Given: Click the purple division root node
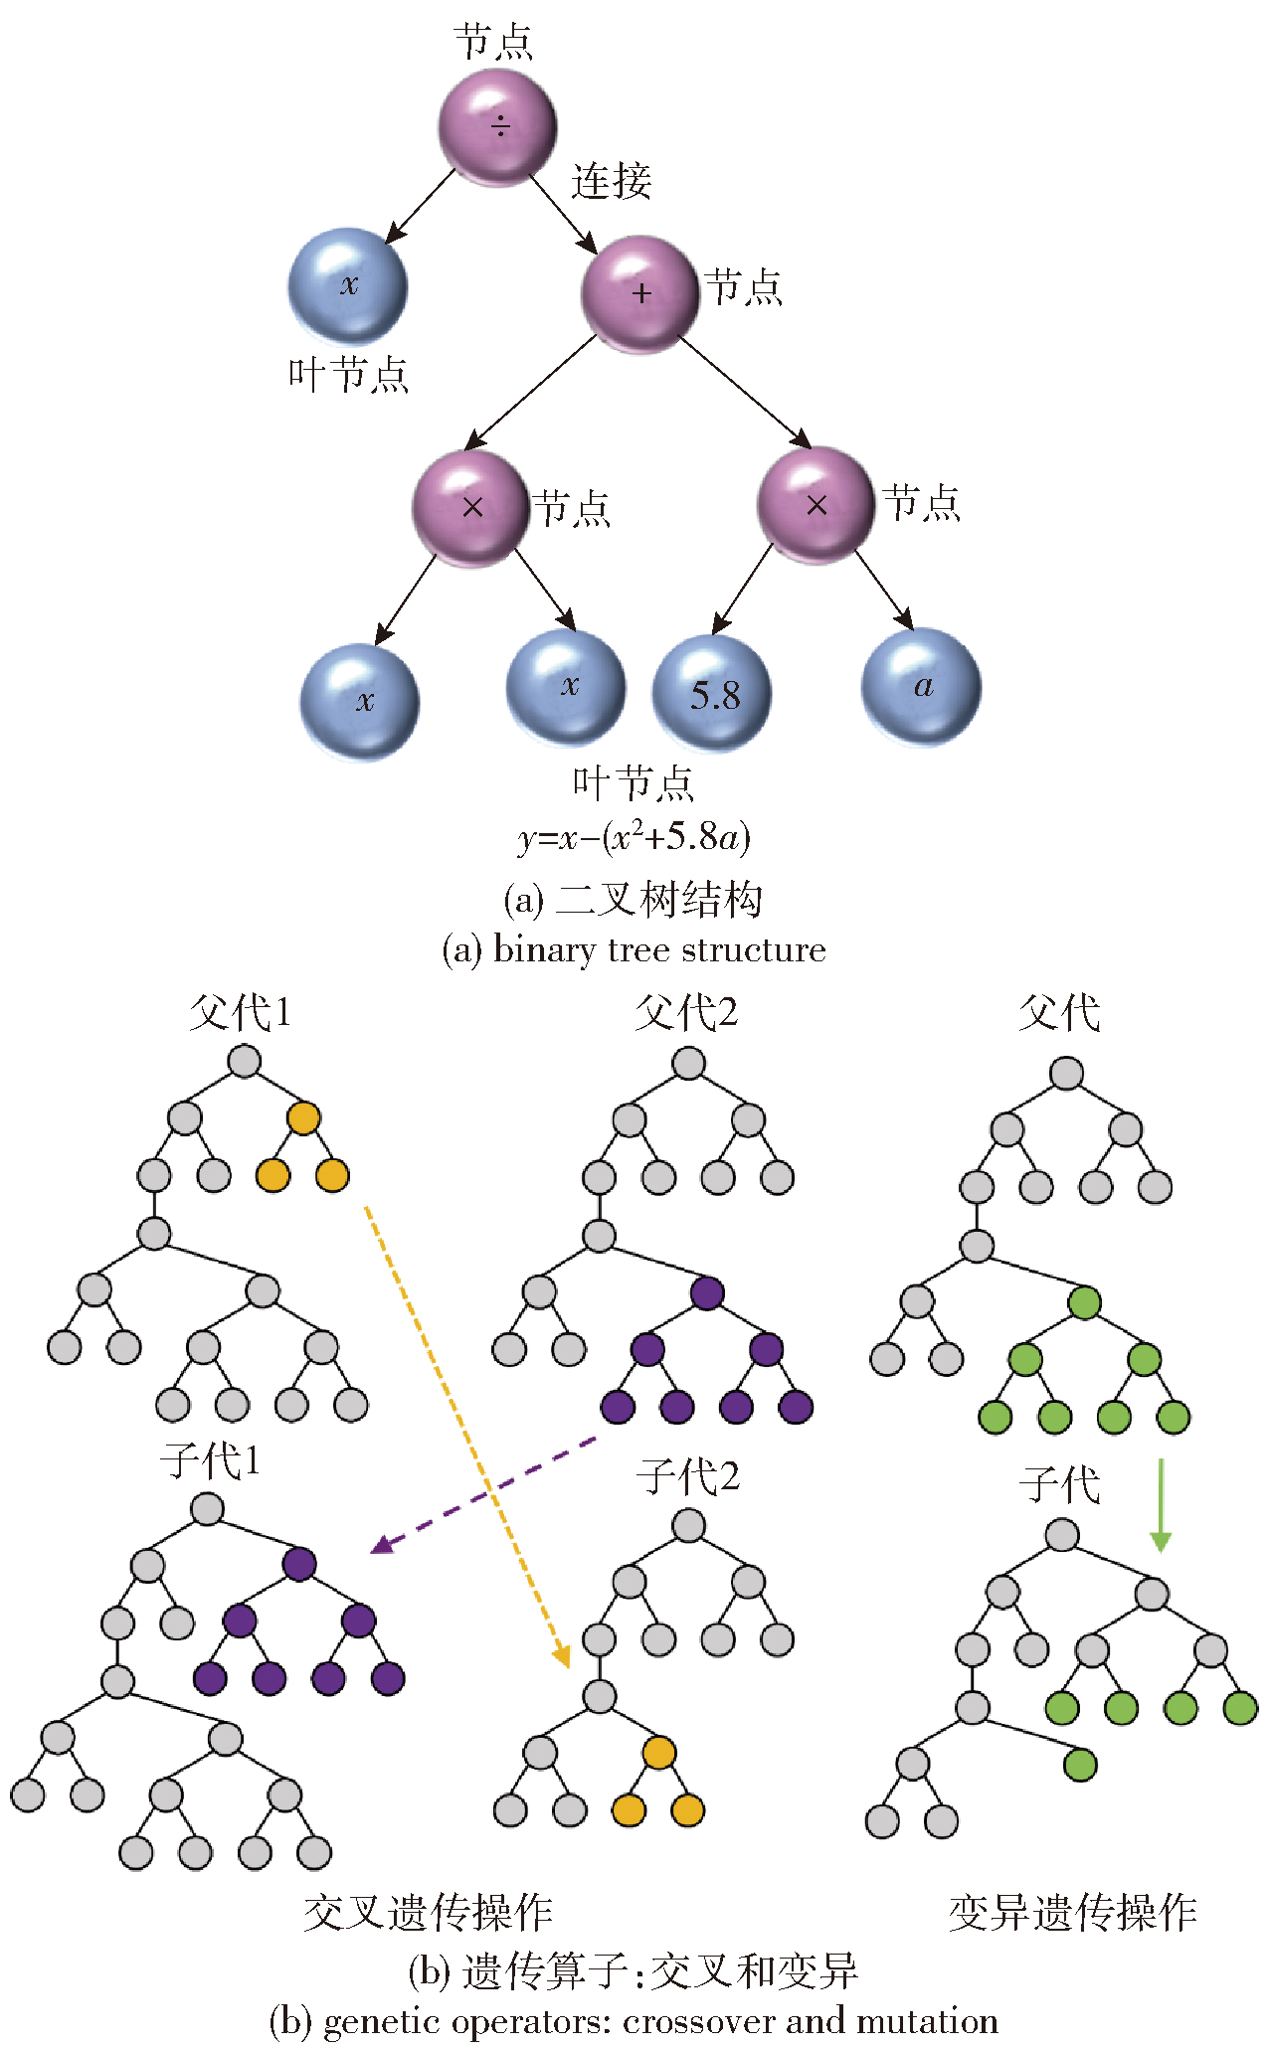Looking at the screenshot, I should [x=497, y=126].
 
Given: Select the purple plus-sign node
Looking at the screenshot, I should [x=639, y=293].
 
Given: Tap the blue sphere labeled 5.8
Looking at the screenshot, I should [x=712, y=693].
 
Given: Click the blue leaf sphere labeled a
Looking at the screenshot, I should [x=921, y=686].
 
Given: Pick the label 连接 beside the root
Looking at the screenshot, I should [x=611, y=181].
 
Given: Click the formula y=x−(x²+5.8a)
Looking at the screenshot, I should [x=634, y=838].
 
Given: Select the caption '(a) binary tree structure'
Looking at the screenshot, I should [x=634, y=949].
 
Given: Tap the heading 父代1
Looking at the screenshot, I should [x=240, y=1013].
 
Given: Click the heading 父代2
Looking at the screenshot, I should [x=686, y=1013].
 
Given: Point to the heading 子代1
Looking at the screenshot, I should [x=210, y=1460].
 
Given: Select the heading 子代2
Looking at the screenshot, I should [x=688, y=1476].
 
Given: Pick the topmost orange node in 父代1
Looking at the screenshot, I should [x=303, y=1117].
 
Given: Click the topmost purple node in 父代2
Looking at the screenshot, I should [x=706, y=1292].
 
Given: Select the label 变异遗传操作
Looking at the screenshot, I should [x=1072, y=1912].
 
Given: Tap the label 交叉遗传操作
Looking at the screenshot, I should [x=428, y=1912].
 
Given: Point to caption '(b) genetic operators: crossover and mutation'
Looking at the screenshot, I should [x=634, y=2021].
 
